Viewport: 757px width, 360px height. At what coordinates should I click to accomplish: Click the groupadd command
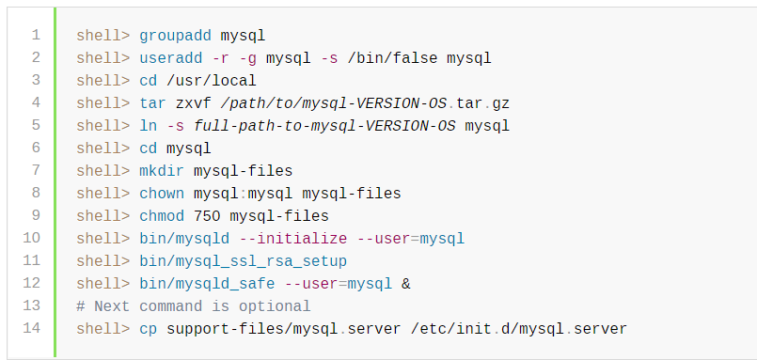tap(175, 36)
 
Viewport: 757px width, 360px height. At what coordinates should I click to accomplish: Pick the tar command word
tap(152, 103)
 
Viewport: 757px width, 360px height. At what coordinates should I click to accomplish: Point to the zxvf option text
tap(193, 103)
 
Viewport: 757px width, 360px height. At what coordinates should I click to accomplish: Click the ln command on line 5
tap(148, 126)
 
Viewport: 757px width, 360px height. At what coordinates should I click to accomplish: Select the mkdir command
tap(162, 171)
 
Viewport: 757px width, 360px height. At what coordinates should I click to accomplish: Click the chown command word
tap(162, 194)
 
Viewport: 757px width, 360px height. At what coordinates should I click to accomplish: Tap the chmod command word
tap(162, 216)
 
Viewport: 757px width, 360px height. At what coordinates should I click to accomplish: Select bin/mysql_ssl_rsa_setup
tap(243, 261)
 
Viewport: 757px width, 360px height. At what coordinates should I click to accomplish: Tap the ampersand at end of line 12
tap(406, 284)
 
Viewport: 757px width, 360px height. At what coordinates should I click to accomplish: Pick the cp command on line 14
tap(148, 329)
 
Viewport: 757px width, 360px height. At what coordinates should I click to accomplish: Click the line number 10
tap(31, 239)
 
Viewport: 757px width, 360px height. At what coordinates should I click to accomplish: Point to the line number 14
tap(31, 329)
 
